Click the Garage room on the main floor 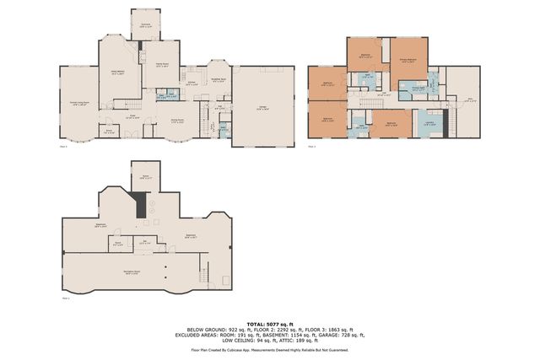coord(263,108)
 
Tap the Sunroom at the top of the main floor coord(145,25)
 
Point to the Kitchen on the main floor coord(192,84)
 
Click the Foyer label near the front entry coord(132,116)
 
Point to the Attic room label coord(469,101)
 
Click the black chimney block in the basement coord(141,204)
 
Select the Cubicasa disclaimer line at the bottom coord(270,349)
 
